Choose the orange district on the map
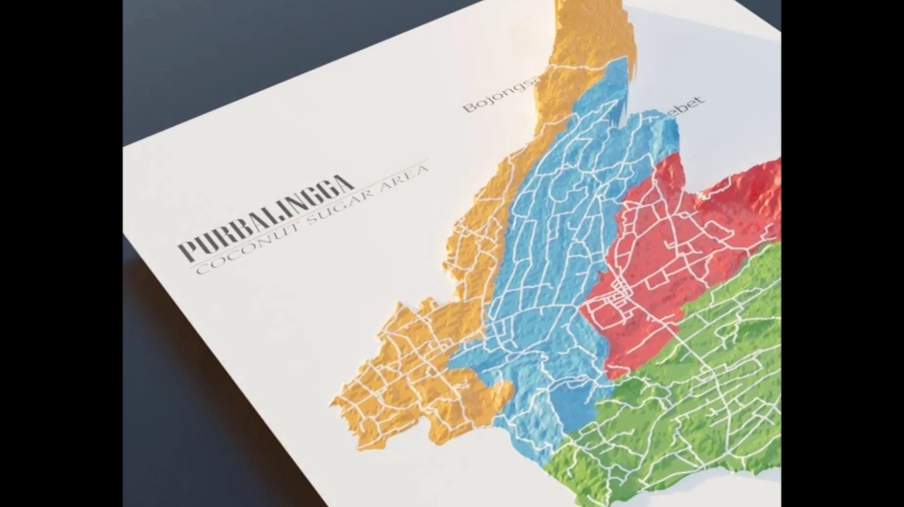[414, 367]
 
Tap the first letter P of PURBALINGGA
[186, 250]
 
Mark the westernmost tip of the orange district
[332, 402]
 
